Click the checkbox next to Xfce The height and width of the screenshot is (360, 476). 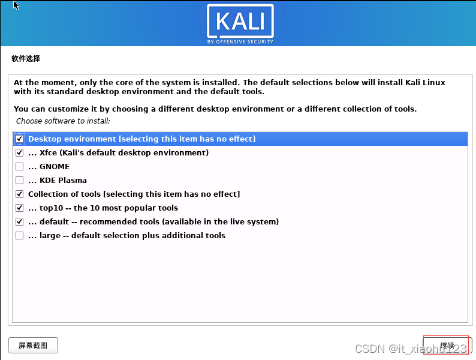click(20, 153)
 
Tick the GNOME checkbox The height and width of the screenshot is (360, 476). click(20, 167)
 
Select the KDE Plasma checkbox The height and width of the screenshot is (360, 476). click(20, 181)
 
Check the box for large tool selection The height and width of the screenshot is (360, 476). click(20, 236)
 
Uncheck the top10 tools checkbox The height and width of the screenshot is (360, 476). click(20, 208)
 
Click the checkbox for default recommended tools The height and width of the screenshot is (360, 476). click(20, 222)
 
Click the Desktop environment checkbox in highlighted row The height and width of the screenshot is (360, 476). click(20, 139)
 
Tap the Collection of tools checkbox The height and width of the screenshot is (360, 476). click(20, 194)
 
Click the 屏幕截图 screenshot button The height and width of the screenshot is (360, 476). click(33, 346)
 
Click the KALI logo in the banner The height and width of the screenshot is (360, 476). click(240, 22)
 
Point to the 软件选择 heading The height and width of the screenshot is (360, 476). click(26, 59)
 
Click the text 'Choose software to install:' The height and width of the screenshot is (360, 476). click(63, 121)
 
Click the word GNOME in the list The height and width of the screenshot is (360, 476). click(55, 167)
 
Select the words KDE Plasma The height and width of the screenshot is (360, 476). click(63, 181)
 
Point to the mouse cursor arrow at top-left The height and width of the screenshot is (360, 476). click(16, 5)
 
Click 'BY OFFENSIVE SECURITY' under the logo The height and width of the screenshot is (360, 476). click(240, 41)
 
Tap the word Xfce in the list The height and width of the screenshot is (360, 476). click(49, 153)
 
